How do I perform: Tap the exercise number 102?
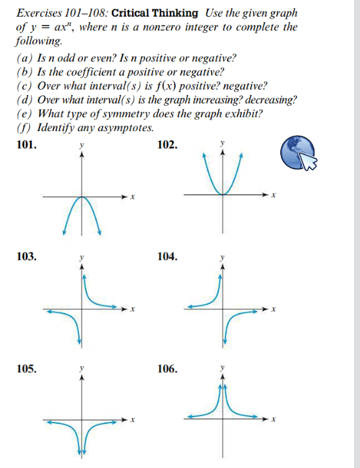click(x=168, y=144)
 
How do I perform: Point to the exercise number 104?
click(x=168, y=256)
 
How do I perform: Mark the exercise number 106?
click(x=168, y=368)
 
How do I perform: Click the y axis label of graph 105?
click(x=82, y=368)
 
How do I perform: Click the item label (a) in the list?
click(x=23, y=58)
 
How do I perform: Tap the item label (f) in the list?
click(x=22, y=127)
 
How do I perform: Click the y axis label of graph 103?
click(x=82, y=256)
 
